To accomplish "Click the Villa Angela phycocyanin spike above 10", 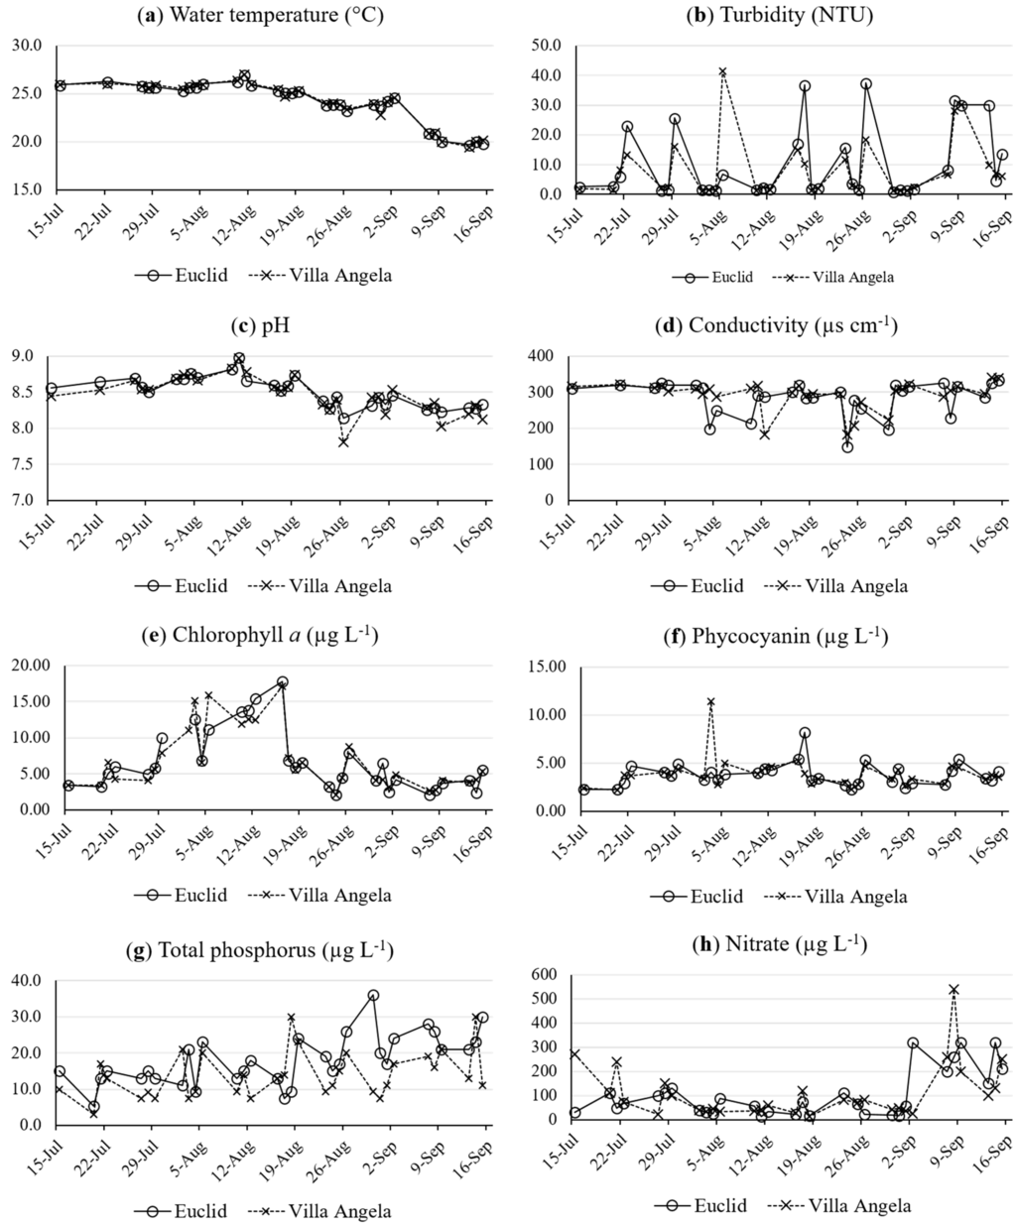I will click(x=710, y=702).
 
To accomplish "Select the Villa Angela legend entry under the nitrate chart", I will click(x=833, y=1206).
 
